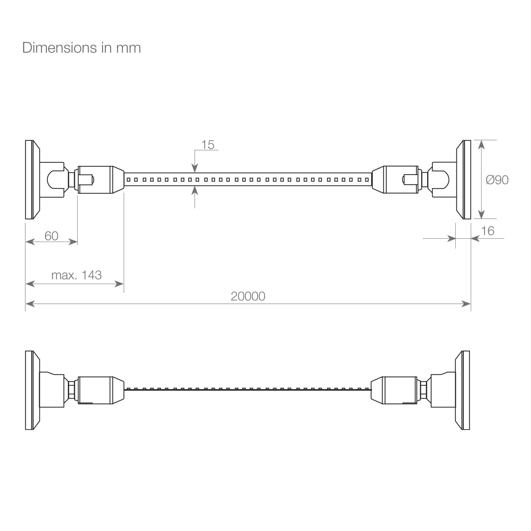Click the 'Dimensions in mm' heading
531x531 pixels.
click(x=82, y=48)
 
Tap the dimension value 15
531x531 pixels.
click(x=208, y=145)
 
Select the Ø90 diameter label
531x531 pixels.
click(x=497, y=180)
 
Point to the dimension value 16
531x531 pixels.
click(x=488, y=231)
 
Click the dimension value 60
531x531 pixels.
click(x=52, y=236)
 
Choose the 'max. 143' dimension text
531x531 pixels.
click(x=76, y=275)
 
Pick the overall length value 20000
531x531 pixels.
click(x=248, y=296)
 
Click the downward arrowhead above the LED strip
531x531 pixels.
click(x=195, y=168)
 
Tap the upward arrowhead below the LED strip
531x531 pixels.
click(x=195, y=190)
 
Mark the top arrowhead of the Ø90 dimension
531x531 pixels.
click(x=481, y=145)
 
